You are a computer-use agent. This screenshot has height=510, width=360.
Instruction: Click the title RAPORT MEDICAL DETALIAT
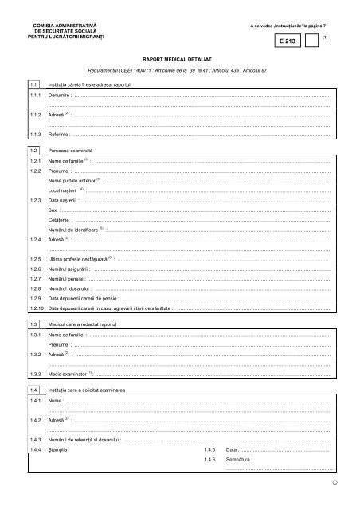[x=179, y=59]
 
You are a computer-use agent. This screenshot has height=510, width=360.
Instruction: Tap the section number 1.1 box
[x=33, y=84]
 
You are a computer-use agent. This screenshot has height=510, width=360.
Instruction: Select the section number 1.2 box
[x=33, y=150]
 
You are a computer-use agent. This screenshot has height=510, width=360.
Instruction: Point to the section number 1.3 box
[x=33, y=324]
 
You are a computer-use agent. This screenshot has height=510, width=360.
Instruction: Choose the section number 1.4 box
[x=33, y=389]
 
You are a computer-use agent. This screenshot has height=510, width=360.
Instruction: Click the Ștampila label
[x=61, y=449]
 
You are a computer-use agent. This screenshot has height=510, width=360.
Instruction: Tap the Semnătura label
[x=240, y=460]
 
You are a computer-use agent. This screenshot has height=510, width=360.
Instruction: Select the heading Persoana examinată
[x=71, y=150]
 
